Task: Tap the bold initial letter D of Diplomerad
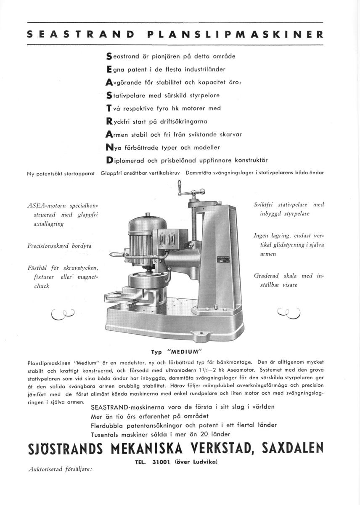point(109,160)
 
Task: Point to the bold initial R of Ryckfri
point(109,121)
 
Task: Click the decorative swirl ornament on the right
point(289,312)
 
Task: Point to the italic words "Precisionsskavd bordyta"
point(59,245)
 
